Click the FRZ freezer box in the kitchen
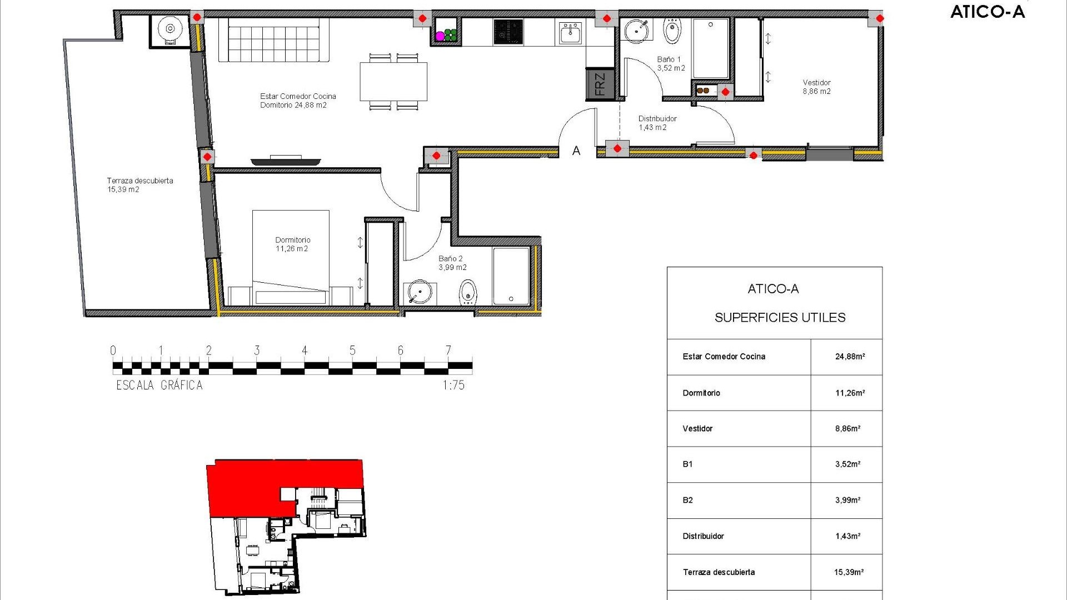coord(600,84)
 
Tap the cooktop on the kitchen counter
coord(508,32)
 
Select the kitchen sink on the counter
coord(570,33)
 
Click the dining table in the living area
coord(393,82)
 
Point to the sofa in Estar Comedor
coord(273,40)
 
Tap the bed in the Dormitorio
coord(291,257)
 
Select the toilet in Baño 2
coord(468,292)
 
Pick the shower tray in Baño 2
coord(511,276)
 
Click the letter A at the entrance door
coord(576,151)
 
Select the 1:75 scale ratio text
coord(453,385)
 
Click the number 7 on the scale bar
coord(448,350)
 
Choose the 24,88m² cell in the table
coord(850,357)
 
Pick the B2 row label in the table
coord(688,500)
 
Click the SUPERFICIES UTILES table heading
coord(780,318)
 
